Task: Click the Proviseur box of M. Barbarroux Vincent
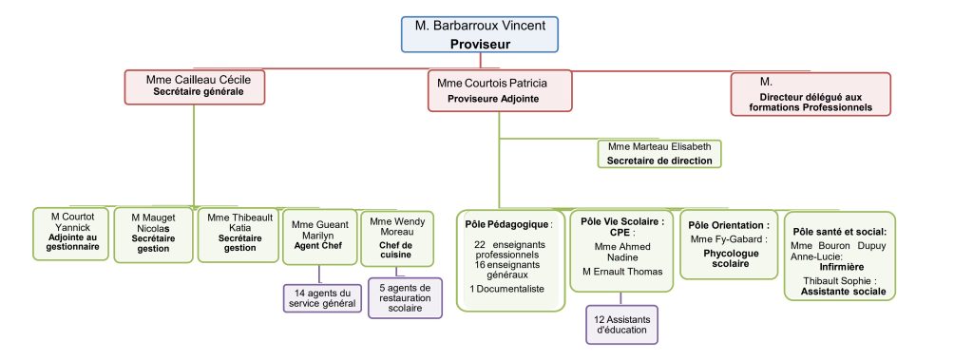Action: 480,34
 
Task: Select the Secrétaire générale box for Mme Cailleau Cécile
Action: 195,86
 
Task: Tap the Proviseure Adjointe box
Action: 500,90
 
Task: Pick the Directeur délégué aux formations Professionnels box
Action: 811,94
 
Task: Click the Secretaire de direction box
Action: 659,154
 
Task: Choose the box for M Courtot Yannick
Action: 70,234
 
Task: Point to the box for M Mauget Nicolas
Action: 153,235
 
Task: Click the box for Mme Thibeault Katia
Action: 238,235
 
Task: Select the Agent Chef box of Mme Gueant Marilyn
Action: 319,237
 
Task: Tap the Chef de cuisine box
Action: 396,237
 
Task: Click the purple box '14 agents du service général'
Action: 322,298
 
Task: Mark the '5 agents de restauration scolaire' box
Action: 405,298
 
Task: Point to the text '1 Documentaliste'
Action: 507,289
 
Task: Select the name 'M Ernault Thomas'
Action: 622,272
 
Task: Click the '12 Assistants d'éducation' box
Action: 621,324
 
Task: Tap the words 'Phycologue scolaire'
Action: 731,258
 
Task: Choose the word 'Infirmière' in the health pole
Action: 842,267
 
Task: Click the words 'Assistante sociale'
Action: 844,291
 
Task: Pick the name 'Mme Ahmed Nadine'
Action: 621,252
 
